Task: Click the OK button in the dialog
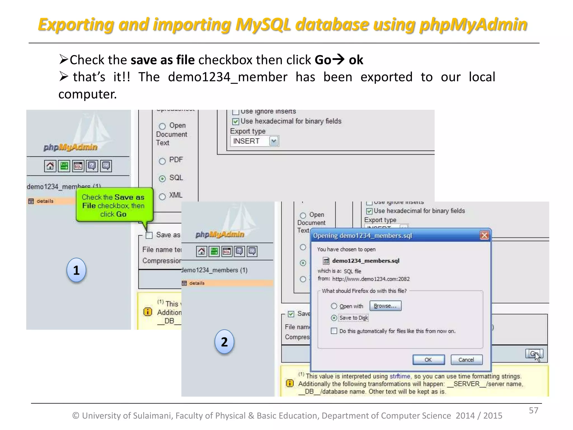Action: point(428,360)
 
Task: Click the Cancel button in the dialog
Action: point(466,360)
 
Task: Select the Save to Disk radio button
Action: point(334,318)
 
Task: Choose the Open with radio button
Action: point(334,306)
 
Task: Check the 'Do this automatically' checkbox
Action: point(334,331)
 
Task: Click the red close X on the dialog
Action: point(484,235)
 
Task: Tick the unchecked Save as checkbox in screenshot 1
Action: point(149,235)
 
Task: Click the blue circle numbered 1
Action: point(76,270)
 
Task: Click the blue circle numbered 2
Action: point(224,342)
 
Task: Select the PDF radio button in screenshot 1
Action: point(162,161)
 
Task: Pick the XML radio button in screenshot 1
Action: point(162,196)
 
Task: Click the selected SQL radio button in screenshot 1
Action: point(162,179)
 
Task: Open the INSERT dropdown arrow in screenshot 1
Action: point(274,141)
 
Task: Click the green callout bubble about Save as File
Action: point(114,205)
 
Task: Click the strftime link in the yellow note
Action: point(400,376)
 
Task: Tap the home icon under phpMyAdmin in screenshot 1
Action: point(50,166)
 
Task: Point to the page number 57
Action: point(533,410)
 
